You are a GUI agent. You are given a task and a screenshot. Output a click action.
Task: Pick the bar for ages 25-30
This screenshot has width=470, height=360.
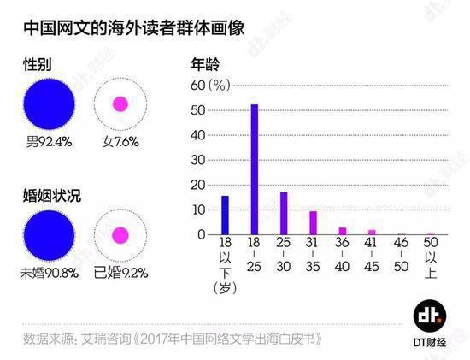tap(284, 213)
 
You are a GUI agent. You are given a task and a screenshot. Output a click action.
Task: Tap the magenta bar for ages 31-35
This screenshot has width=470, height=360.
tap(313, 222)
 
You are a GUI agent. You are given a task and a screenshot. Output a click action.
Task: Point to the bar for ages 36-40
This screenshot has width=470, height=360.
tap(342, 231)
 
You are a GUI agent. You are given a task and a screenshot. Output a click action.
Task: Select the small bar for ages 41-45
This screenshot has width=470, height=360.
tap(371, 232)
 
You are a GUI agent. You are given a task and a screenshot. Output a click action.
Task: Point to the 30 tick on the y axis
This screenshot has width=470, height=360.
tap(198, 160)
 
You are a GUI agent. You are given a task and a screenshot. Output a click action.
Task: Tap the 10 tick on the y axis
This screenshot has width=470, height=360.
tap(198, 210)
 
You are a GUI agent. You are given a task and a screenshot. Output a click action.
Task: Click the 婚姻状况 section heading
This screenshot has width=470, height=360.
tap(50, 194)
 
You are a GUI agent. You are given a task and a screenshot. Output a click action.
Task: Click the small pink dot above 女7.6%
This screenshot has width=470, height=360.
tap(120, 104)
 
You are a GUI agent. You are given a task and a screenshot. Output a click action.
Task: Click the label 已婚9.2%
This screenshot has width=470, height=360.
tap(120, 274)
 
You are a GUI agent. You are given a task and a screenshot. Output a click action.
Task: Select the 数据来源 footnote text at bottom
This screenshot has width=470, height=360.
tap(171, 339)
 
